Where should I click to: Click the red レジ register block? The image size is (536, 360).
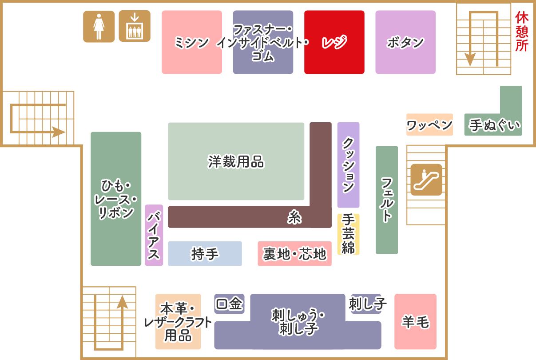[334, 42]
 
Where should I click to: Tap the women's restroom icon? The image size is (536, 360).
[99, 26]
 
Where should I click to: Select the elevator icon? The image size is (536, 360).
[134, 26]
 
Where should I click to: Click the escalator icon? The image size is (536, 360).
[426, 179]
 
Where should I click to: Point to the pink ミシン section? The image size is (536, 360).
[191, 42]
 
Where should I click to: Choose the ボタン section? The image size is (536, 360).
[405, 42]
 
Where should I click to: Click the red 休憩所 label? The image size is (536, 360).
[522, 32]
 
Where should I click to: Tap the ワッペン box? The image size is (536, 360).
[429, 125]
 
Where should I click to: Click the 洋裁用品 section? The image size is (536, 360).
[236, 161]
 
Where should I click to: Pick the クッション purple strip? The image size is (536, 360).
[348, 165]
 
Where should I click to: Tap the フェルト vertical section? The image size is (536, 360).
[386, 200]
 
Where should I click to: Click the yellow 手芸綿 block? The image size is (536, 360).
[348, 234]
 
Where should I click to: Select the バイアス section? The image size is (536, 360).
[154, 235]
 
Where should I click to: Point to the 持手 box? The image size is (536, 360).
[205, 254]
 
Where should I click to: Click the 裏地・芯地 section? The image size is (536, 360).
[294, 254]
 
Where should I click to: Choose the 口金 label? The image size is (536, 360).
[229, 304]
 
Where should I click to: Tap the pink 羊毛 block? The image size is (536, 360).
[415, 321]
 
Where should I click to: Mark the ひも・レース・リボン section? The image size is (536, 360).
[116, 199]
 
